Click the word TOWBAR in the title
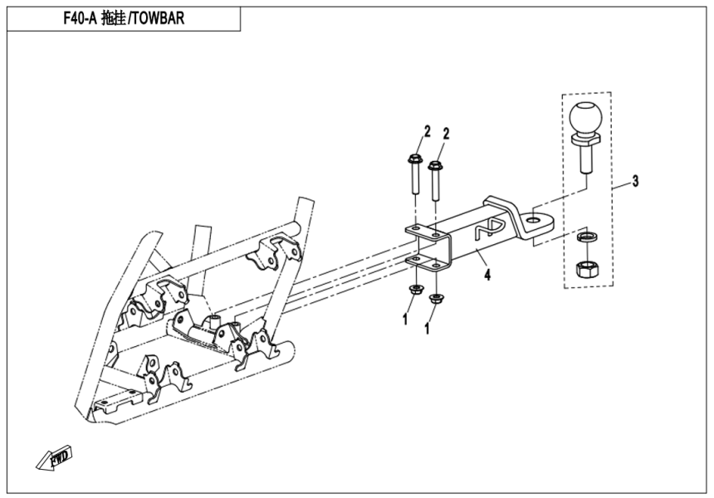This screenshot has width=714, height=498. (x=155, y=19)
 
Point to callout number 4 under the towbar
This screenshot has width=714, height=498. (x=487, y=276)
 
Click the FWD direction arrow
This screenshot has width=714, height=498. (x=52, y=458)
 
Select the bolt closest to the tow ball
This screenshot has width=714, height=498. (x=436, y=179)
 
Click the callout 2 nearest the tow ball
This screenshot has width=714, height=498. (x=446, y=134)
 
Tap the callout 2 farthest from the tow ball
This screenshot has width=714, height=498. (x=427, y=130)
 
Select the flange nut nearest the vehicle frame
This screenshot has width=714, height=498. (x=413, y=290)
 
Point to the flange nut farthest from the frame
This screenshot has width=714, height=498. (x=435, y=295)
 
